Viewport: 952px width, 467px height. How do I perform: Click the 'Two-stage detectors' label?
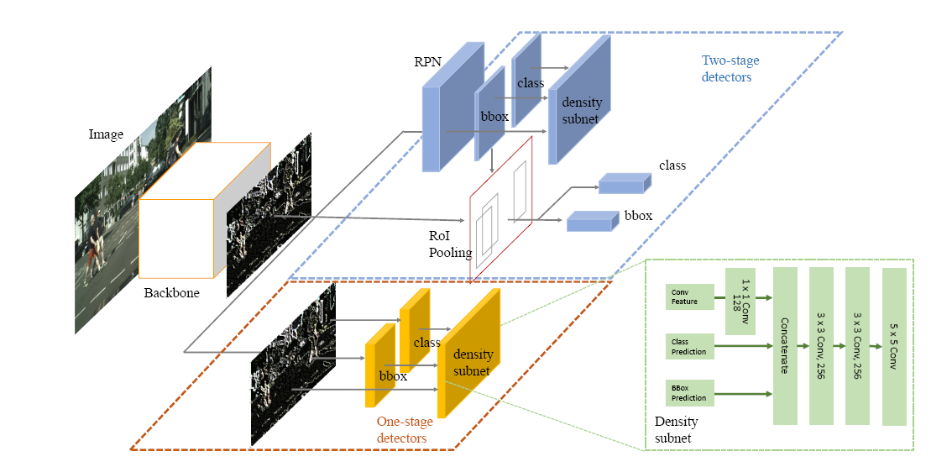tap(726, 69)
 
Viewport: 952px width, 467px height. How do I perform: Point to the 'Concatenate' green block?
tap(785, 346)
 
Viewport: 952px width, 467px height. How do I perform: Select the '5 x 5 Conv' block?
tap(895, 346)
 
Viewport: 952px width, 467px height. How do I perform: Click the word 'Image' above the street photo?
tap(106, 134)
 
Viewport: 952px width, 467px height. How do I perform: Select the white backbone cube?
tap(175, 239)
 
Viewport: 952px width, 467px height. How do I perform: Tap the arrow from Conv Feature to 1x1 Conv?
tap(718, 296)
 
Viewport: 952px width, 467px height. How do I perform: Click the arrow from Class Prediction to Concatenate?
tap(742, 344)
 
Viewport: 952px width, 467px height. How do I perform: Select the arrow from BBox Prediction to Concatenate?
tap(742, 392)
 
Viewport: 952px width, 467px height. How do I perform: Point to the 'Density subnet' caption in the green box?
tap(676, 428)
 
